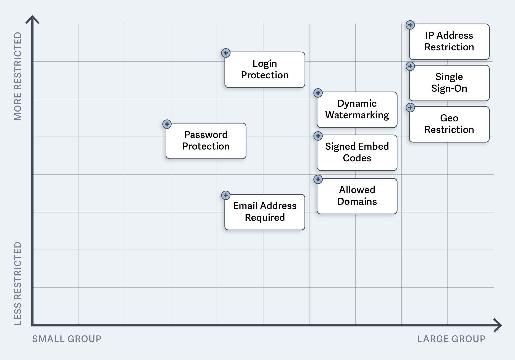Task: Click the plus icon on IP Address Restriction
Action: coord(410,25)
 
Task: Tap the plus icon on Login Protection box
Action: coord(226,53)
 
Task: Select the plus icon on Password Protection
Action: coord(167,124)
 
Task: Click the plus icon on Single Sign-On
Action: coord(410,66)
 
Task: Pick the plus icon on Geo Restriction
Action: coord(410,108)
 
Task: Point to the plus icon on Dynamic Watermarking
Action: coord(318,93)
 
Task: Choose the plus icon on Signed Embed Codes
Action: coord(318,136)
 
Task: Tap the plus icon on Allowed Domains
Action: coord(318,180)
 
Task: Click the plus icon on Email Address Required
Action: coord(226,195)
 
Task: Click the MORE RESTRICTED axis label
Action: coord(18,76)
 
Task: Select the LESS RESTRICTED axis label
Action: coord(18,283)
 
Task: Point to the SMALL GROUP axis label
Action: coord(67,339)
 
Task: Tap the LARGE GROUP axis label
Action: coord(451,339)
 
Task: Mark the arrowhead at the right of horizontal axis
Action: coord(499,325)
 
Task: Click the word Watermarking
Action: coord(357,115)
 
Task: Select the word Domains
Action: coord(357,202)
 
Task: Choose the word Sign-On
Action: coord(449,89)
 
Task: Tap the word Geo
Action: coord(449,118)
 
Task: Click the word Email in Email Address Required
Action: coord(245,206)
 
